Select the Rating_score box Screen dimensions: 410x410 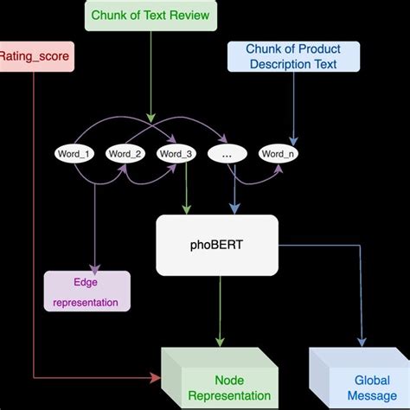(x=35, y=58)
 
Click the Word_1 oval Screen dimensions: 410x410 (x=74, y=153)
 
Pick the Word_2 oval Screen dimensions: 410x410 (x=125, y=153)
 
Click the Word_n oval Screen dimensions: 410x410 (x=278, y=153)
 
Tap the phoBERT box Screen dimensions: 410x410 (x=217, y=243)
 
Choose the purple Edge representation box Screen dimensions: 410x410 (x=86, y=291)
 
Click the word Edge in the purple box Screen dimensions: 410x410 (x=86, y=282)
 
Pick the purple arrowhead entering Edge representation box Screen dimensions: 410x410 (x=94, y=266)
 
